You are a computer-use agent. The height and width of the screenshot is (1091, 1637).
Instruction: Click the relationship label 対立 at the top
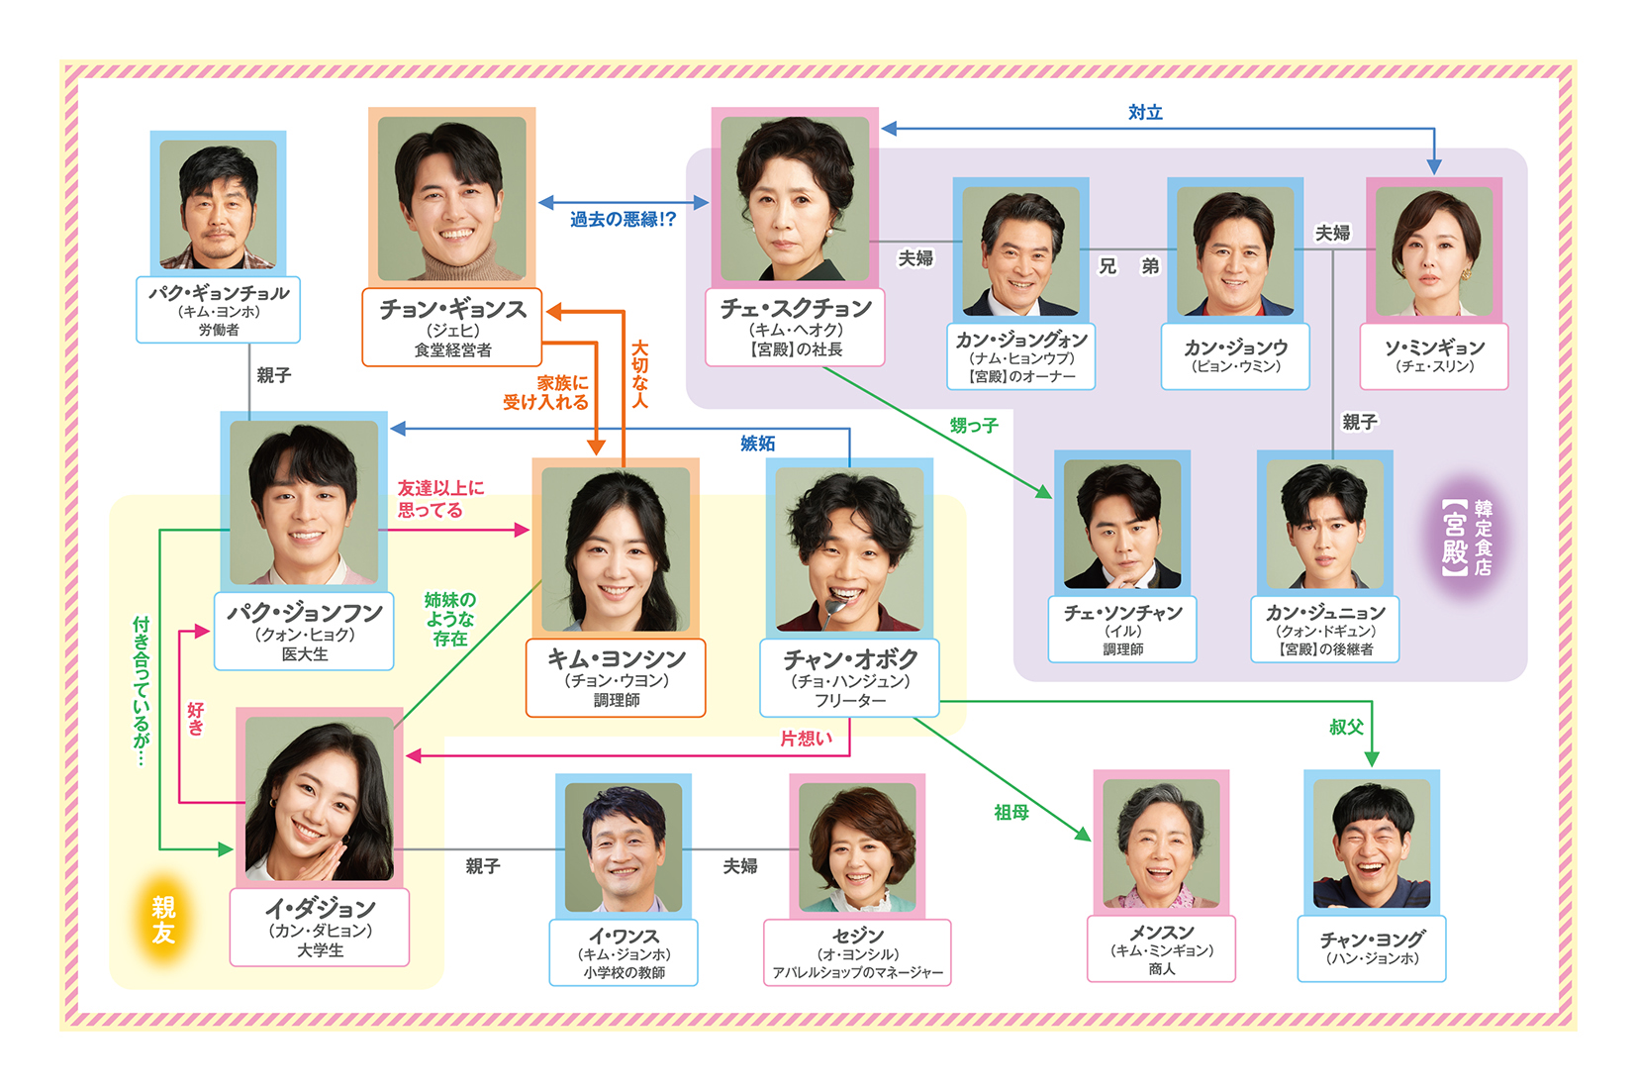1145,113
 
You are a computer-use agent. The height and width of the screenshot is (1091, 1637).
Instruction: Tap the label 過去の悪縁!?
623,219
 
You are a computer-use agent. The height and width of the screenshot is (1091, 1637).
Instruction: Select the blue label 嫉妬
757,444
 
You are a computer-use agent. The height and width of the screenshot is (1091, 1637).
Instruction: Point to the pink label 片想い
806,739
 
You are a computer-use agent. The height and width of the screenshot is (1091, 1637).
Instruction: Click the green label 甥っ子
974,426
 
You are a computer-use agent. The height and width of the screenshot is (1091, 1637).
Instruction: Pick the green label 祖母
1011,812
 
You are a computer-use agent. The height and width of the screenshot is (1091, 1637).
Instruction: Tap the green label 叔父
1346,727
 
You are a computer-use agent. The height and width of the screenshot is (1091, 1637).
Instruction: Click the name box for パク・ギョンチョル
218,310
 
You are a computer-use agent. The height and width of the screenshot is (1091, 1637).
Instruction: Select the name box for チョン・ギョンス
452,328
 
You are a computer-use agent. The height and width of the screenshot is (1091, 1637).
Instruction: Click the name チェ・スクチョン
795,309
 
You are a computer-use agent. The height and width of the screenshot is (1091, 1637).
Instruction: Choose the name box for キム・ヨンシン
616,678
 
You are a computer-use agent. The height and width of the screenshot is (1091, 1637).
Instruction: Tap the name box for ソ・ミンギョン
1433,356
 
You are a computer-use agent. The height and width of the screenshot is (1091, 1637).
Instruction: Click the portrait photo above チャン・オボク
849,548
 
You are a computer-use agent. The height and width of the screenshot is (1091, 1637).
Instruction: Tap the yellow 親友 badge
163,920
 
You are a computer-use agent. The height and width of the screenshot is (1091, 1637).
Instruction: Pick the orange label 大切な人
640,374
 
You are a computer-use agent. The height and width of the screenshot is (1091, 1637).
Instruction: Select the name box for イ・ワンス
624,952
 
